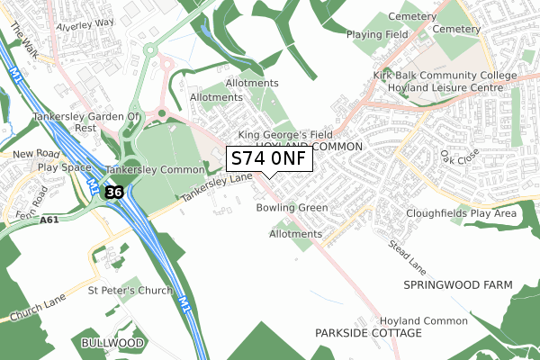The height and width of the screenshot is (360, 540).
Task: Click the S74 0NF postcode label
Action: point(269,159)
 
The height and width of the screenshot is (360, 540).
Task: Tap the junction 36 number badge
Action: point(112,193)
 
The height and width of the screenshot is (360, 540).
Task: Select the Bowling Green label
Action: point(292,208)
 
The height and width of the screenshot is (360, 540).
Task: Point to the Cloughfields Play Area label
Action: point(461,213)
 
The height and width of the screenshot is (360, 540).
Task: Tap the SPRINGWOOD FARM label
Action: point(457,285)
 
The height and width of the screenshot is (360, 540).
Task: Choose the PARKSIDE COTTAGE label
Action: point(368,333)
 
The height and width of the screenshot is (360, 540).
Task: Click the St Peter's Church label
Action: point(129,291)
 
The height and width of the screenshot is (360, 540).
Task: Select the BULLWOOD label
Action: point(112,344)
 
